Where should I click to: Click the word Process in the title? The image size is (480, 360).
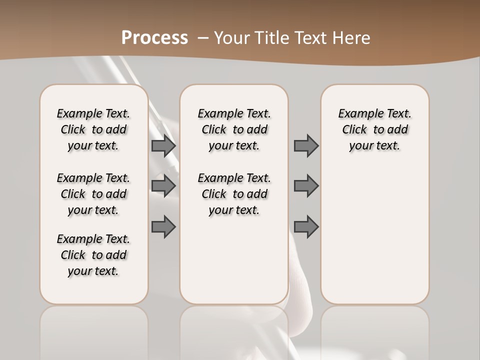[x=154, y=37]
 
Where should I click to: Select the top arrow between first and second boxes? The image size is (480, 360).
[x=163, y=145]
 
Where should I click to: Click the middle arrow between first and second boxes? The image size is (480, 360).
[x=163, y=186]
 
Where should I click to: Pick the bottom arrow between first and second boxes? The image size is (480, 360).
[x=163, y=226]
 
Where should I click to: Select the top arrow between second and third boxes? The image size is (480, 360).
[x=306, y=145]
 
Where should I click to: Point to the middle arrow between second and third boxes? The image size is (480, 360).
[x=306, y=186]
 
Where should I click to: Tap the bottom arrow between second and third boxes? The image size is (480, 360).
[x=306, y=226]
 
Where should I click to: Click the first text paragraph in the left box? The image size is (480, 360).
[x=93, y=129]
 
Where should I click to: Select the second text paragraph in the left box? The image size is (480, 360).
[x=93, y=194]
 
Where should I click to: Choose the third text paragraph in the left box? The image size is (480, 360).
[x=93, y=255]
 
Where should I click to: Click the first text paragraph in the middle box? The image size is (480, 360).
[x=234, y=129]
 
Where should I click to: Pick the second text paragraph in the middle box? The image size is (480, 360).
[x=234, y=194]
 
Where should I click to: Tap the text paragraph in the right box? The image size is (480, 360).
[x=374, y=129]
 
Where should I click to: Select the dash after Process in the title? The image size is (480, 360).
[x=203, y=37]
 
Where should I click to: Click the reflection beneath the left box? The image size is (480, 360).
[x=93, y=330]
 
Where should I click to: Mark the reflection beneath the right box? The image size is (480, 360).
[x=374, y=330]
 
